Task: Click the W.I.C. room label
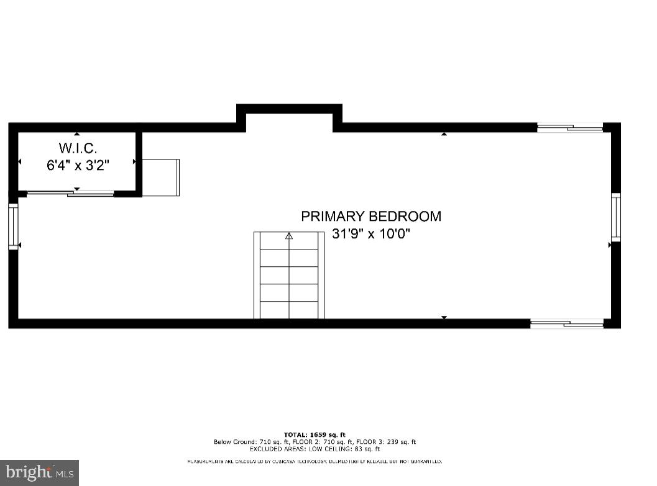[x=78, y=148]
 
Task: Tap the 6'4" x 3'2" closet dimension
[x=78, y=165]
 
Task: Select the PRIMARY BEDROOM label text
[x=371, y=216]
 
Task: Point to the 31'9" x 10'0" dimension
[x=371, y=234]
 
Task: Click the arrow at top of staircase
[x=289, y=236]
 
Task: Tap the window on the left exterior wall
[x=13, y=226]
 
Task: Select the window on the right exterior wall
[x=615, y=217]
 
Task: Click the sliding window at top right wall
[x=570, y=128]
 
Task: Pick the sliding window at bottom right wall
[x=567, y=323]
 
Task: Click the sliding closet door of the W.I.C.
[x=70, y=194]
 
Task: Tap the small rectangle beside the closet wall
[x=161, y=178]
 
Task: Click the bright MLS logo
[x=39, y=473]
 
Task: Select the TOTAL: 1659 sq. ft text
[x=315, y=434]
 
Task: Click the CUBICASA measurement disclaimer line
[x=315, y=462]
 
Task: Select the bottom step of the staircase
[x=289, y=310]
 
